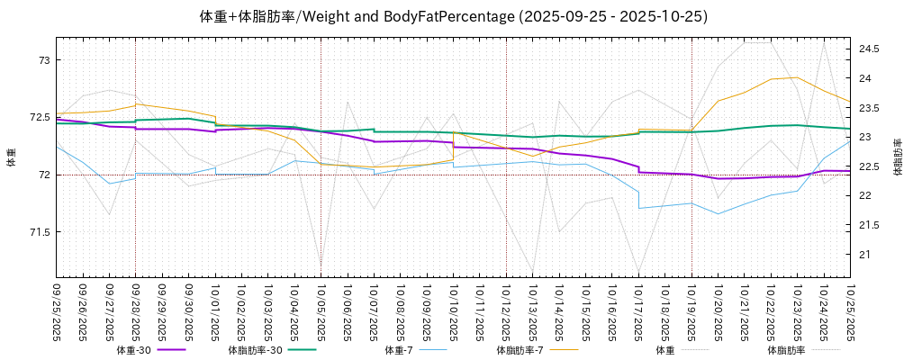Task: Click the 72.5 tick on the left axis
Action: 40,117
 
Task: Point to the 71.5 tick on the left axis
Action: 40,232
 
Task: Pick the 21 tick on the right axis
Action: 863,255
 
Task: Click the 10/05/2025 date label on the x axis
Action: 321,310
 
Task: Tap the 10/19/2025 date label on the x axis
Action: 692,310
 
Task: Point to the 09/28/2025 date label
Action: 136,310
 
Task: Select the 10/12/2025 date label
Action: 507,310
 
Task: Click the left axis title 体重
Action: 12,157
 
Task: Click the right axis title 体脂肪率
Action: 898,157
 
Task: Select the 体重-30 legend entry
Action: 149,349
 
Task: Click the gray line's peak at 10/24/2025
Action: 824,41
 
